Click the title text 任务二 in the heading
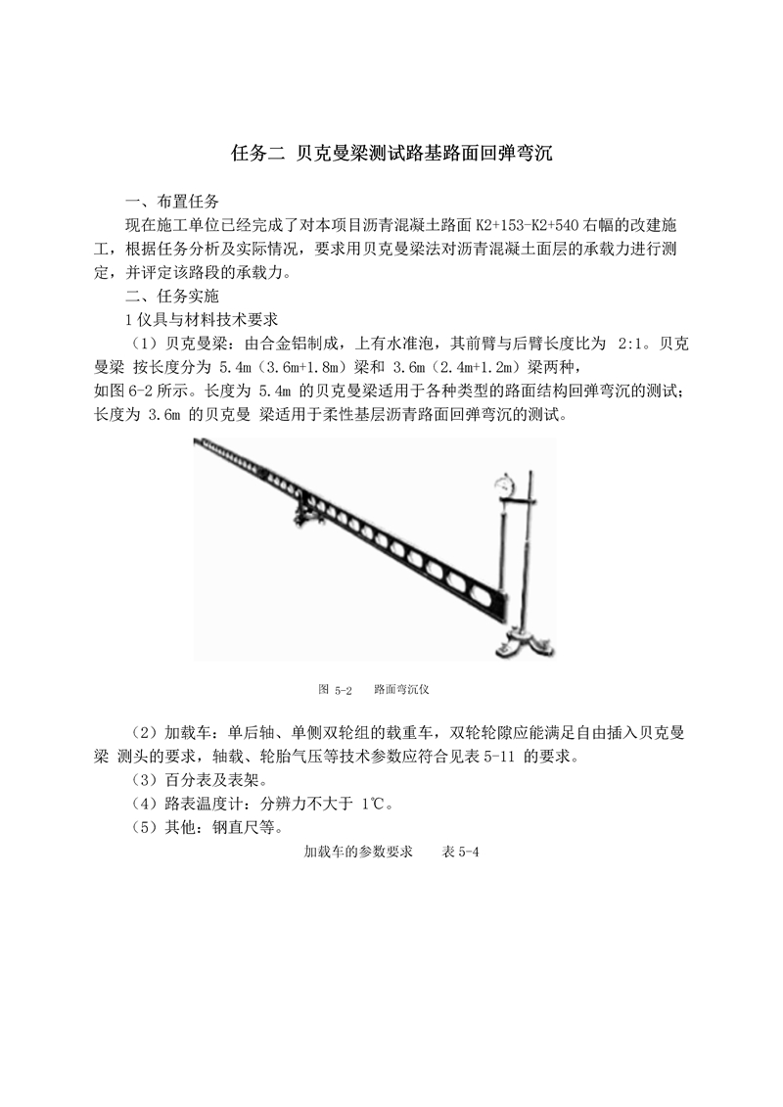(256, 153)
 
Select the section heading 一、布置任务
(173, 203)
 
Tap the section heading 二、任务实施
(173, 297)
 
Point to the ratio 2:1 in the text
(638, 344)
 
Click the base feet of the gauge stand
(524, 643)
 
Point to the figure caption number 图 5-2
(335, 689)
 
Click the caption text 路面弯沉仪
(401, 689)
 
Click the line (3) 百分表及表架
(197, 780)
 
